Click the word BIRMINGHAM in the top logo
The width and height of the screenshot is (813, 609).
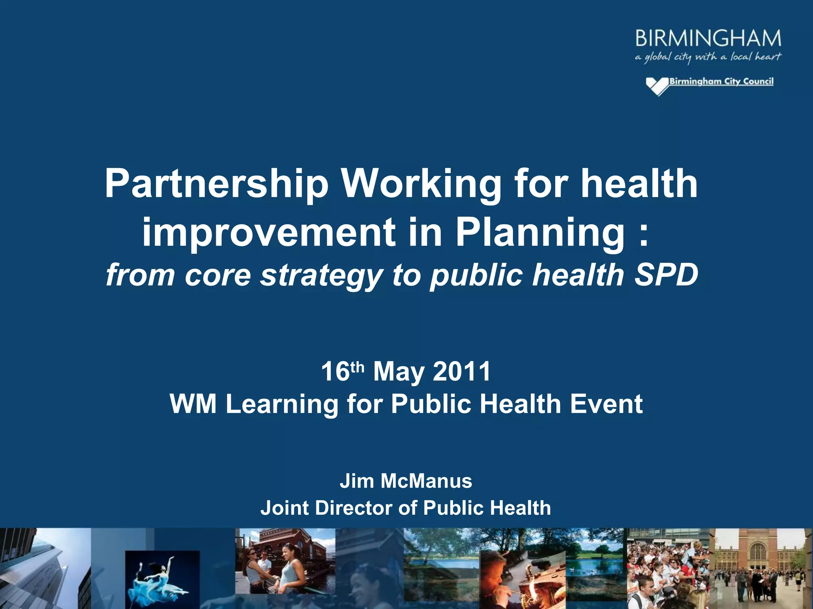[x=708, y=38]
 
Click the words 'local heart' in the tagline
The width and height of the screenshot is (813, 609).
[x=756, y=57]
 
